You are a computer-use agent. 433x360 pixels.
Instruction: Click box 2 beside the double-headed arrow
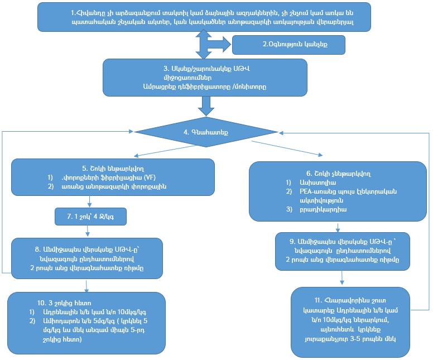coord(288,44)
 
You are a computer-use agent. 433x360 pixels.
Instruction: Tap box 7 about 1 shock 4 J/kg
coord(88,215)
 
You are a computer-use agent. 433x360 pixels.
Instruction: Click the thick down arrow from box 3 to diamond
coord(206,104)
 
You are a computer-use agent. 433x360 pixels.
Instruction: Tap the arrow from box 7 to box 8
coord(88,230)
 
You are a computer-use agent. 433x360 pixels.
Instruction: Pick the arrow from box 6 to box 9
coord(337,227)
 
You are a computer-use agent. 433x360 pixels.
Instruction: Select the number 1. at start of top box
coord(74,12)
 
